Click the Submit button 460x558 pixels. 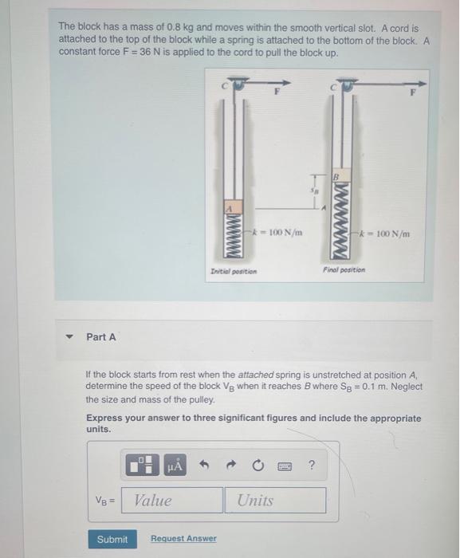tap(112, 539)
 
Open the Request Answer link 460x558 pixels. tap(183, 539)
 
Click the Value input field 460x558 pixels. tap(175, 501)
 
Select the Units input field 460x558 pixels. tap(279, 501)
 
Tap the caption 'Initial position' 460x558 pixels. tap(234, 271)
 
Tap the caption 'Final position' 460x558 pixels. tap(344, 270)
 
